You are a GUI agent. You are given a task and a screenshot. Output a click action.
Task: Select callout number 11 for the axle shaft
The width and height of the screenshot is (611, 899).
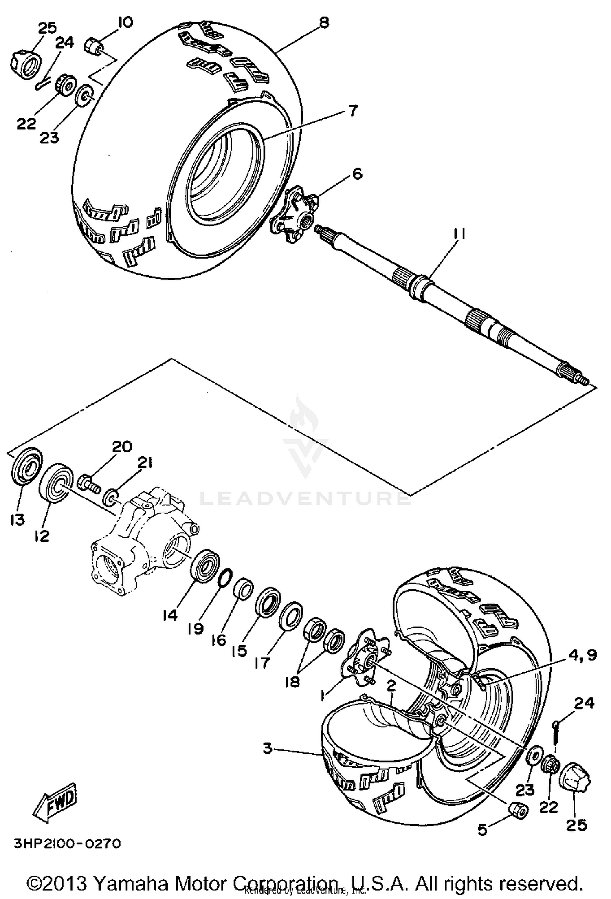point(458,236)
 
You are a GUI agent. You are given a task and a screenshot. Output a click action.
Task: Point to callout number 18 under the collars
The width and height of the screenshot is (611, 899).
point(292,681)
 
